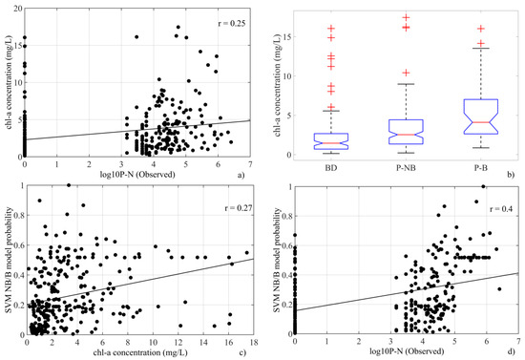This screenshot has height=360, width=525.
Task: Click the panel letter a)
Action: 243,168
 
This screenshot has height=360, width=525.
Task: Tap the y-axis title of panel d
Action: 278,258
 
